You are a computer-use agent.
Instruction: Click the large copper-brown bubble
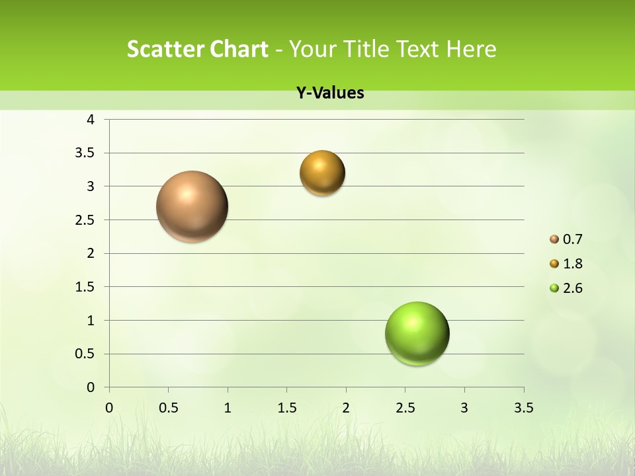[192, 206]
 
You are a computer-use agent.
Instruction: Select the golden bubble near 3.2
[322, 173]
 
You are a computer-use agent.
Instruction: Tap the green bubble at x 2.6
[417, 333]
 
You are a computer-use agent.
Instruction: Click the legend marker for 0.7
[554, 239]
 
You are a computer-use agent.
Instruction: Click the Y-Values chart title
[330, 93]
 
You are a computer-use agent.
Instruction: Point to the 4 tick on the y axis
[91, 120]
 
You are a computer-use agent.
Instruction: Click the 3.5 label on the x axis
[523, 408]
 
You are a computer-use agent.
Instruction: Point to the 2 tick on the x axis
[346, 408]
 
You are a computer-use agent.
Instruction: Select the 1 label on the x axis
[228, 408]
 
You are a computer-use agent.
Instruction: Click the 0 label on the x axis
[109, 408]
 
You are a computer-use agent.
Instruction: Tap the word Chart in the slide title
[238, 49]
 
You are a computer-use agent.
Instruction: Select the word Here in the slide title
[471, 49]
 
